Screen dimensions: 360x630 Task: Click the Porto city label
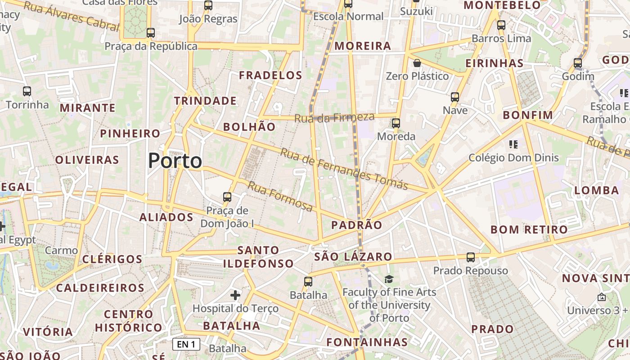click(175, 161)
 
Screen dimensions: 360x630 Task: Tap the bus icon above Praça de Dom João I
click(227, 197)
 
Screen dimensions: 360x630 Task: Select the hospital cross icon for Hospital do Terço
click(235, 295)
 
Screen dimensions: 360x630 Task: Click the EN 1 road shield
click(186, 345)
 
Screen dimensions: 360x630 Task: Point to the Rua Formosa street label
click(280, 196)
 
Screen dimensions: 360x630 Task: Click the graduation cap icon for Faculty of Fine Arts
click(389, 279)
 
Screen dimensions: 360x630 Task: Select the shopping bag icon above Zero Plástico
click(417, 63)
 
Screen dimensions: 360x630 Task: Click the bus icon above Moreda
click(396, 123)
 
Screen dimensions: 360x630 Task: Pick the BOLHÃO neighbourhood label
click(249, 127)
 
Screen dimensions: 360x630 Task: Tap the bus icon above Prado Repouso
click(470, 257)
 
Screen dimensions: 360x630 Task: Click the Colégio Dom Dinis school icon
click(513, 144)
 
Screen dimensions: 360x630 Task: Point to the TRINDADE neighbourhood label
click(205, 101)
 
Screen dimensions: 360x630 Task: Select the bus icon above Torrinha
click(27, 91)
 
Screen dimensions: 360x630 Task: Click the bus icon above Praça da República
click(151, 33)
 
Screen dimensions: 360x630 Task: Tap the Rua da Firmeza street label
click(334, 118)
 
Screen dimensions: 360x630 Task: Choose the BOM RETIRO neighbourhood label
click(529, 229)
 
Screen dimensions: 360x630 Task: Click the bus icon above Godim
click(578, 63)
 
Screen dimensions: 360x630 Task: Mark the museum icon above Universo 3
click(601, 297)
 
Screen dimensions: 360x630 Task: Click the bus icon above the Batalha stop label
click(308, 282)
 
